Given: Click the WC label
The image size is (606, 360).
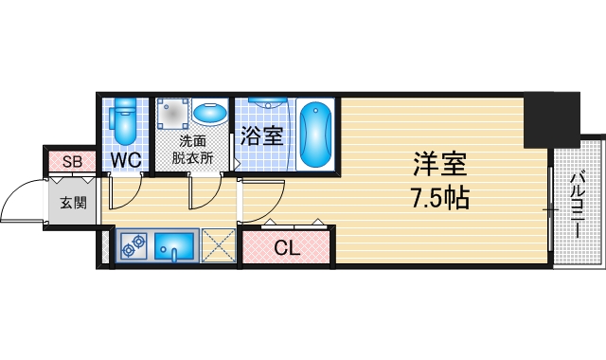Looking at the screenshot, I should point(126,160).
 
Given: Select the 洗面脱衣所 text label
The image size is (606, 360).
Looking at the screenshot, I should point(193,152).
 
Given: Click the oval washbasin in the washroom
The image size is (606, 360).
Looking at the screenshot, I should point(210,115).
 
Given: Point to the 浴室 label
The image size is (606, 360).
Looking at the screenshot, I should point(262,135).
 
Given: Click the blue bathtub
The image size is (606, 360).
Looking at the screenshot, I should point(315,134).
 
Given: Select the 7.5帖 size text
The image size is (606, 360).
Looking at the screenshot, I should point(439,198).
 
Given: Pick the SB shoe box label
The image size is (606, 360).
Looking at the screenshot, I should point(72,161).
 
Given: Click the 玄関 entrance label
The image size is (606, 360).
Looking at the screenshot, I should point(72,202).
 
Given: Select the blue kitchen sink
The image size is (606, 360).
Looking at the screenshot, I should point(174,247).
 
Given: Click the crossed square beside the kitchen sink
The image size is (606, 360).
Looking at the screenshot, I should point(219,247).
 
